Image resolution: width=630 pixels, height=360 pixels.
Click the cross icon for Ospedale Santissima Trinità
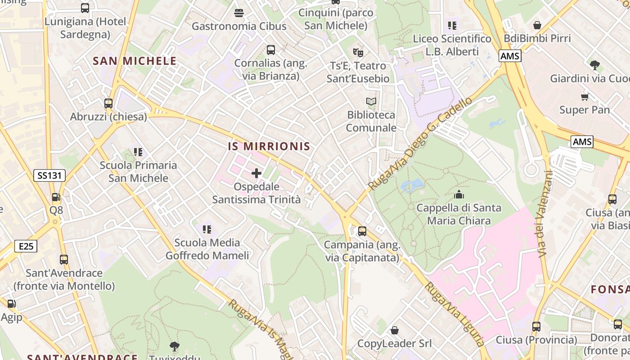tap(256, 173)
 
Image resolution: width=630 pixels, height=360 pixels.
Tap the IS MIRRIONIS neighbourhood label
tap(269, 146)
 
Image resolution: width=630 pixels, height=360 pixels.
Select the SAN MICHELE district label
tap(135, 61)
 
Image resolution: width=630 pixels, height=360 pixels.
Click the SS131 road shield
tap(49, 175)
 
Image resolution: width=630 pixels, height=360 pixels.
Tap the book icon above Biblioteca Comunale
tap(371, 101)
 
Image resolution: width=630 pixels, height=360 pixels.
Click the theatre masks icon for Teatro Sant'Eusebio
tap(358, 52)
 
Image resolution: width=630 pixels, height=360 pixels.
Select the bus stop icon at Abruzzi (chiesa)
tap(108, 103)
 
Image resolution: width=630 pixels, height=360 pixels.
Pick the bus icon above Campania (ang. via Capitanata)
tap(362, 231)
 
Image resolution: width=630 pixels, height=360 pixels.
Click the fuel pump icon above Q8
tap(56, 197)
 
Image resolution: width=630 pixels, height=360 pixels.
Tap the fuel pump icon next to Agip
tap(12, 304)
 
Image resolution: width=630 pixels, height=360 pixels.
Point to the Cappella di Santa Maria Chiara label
tap(459, 214)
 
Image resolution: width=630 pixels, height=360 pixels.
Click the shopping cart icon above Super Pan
tap(585, 96)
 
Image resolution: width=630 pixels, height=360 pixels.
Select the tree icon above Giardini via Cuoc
tap(595, 65)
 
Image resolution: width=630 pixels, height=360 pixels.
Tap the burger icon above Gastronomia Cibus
tap(239, 13)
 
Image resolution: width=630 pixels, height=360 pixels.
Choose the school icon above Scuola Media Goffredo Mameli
tap(207, 229)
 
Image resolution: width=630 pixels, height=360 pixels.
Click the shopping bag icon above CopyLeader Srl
tap(395, 331)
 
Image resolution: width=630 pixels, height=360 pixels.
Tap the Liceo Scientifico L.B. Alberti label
tap(452, 45)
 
